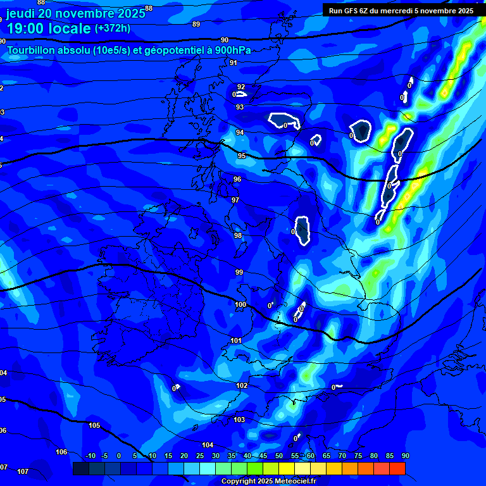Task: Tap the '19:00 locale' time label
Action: [x=49, y=29]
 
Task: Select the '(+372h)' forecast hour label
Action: [x=113, y=28]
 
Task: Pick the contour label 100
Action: [x=240, y=305]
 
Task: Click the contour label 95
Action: [x=242, y=156]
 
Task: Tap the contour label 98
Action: [x=238, y=235]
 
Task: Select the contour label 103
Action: [x=239, y=420]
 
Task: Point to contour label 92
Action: [x=240, y=87]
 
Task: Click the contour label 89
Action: [x=196, y=24]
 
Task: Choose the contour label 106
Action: [x=61, y=452]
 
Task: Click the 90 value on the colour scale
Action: [x=405, y=456]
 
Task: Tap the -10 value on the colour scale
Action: [x=90, y=456]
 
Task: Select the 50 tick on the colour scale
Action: [x=279, y=456]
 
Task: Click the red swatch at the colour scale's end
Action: [x=397, y=468]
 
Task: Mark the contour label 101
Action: [x=236, y=340]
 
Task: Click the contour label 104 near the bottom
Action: [x=208, y=445]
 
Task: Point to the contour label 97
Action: [x=235, y=200]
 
